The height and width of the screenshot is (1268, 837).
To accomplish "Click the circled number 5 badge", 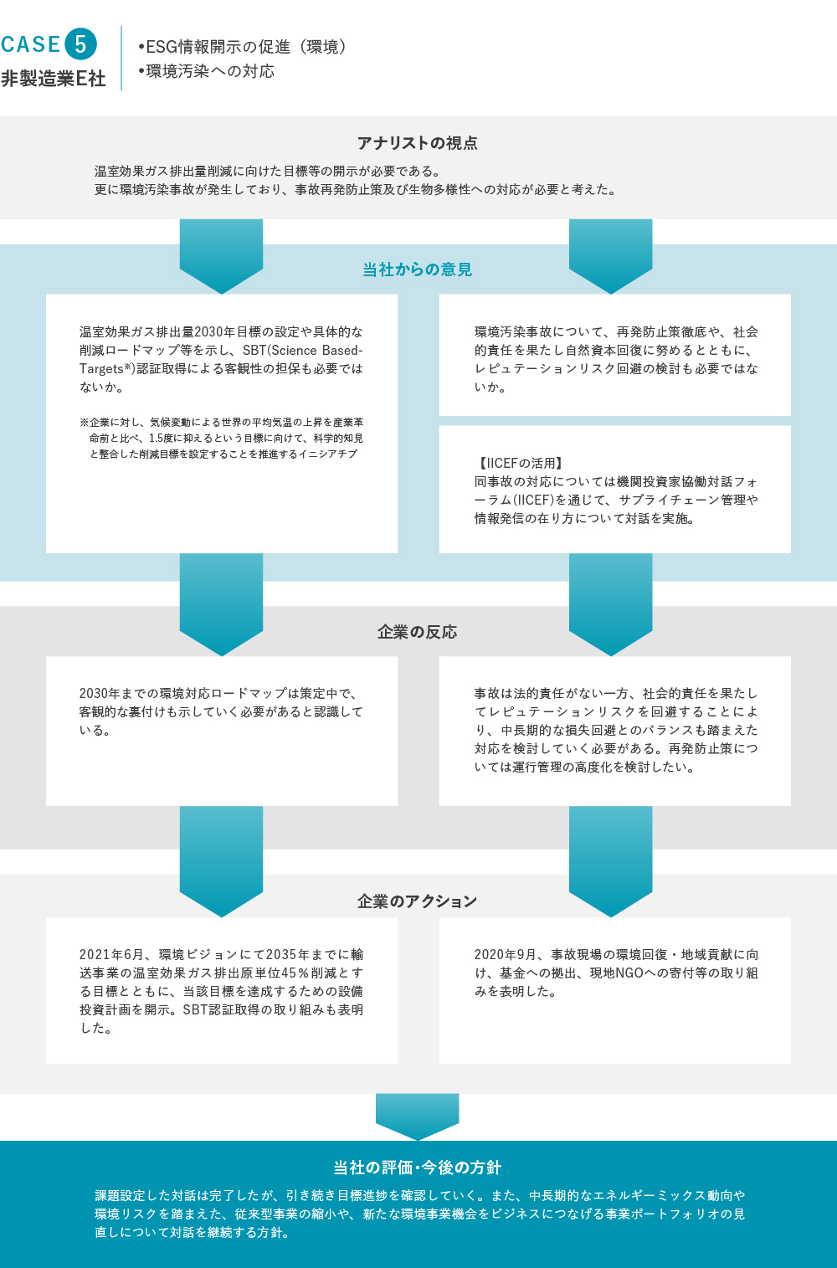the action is coord(80,44).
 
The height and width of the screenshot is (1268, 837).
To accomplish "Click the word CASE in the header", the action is coord(31,44).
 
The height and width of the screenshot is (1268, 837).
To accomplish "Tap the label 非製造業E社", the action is coord(54,78).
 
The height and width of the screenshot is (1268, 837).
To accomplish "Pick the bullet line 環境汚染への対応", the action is coord(207,71).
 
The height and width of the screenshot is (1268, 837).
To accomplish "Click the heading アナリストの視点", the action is coord(418,143).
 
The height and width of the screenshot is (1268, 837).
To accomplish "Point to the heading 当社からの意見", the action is coord(418,270).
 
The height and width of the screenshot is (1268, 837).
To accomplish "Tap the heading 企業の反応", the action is coord(418,632).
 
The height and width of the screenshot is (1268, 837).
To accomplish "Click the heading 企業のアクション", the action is coord(418,901).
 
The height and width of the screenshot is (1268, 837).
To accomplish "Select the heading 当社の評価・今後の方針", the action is coord(418,1168).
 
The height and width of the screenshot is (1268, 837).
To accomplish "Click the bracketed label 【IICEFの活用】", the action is coord(519,463).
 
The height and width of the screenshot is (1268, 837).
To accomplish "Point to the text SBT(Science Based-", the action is coord(303,351).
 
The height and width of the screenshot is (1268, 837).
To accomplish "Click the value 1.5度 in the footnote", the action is coord(161,438).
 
